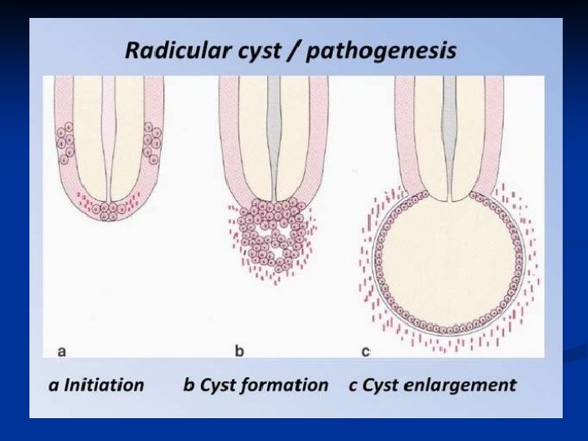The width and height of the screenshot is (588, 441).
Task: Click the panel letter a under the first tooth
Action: click(62, 352)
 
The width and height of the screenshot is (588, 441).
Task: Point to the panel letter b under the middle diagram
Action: click(239, 351)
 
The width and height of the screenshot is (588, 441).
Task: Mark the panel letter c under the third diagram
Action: click(365, 352)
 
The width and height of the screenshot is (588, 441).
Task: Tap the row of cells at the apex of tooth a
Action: click(107, 210)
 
